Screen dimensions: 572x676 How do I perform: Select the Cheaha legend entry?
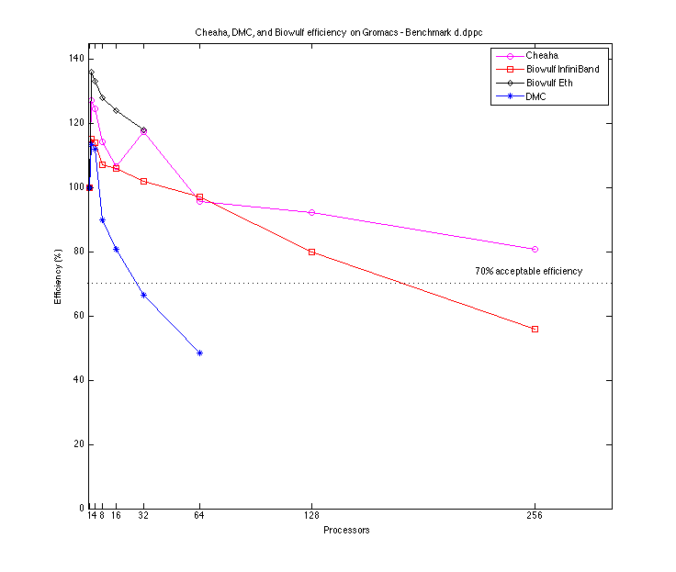(x=543, y=55)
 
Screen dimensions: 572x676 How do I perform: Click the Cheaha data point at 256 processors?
(x=535, y=249)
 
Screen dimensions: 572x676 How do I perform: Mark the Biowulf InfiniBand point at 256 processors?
(x=535, y=329)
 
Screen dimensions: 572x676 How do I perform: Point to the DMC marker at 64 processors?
(x=199, y=353)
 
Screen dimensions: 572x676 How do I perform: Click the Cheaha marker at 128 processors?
(x=311, y=212)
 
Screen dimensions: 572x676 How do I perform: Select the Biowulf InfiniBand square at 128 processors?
(x=311, y=252)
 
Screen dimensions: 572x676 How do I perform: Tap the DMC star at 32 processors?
(x=143, y=295)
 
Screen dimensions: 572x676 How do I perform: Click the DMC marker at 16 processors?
(x=116, y=249)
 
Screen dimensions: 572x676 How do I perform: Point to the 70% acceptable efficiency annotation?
(x=528, y=272)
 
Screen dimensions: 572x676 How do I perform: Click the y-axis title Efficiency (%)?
(x=58, y=279)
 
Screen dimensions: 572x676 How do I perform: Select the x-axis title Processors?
(x=346, y=531)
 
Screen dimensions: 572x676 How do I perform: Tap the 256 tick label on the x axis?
(x=535, y=516)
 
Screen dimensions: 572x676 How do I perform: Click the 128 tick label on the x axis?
(x=311, y=516)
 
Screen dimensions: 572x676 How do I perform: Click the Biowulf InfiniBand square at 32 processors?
(x=143, y=181)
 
